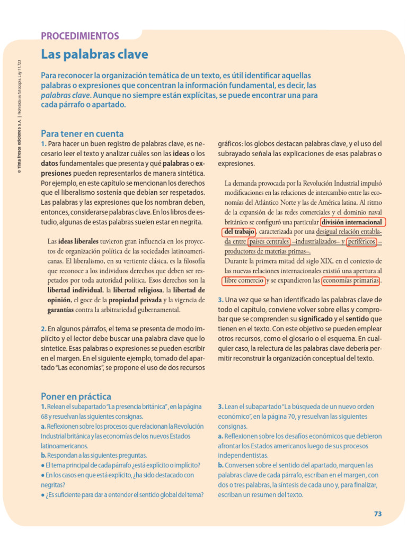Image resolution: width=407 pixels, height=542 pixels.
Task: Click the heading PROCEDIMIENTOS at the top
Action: point(79,36)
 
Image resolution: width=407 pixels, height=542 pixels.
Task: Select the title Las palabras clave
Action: point(94,54)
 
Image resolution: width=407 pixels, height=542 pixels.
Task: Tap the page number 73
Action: point(377,513)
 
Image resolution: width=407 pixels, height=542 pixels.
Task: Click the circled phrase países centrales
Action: point(269,242)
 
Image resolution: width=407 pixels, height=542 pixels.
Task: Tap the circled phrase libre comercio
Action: point(244,281)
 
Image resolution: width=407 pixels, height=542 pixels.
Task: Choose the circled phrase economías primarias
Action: point(351,281)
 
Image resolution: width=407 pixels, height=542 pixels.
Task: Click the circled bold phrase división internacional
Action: point(352,222)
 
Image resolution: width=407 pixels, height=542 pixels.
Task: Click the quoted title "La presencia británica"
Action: point(138,407)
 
